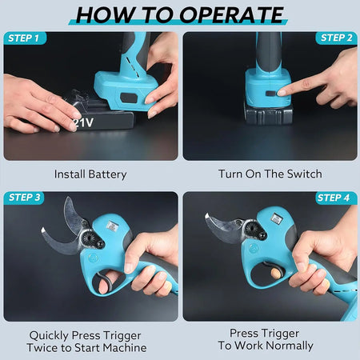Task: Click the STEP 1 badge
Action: pos(25,38)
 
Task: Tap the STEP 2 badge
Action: pos(336,38)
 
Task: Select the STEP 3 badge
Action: pos(24,198)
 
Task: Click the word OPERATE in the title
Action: pos(231,14)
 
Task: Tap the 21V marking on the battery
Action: pos(83,123)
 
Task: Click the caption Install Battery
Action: pos(90,174)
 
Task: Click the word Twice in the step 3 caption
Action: pos(42,348)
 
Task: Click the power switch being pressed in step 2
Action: pos(270,94)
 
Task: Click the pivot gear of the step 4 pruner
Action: pos(251,228)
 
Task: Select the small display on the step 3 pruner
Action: pos(113,226)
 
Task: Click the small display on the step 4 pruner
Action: pos(277,219)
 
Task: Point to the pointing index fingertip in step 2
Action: pos(282,92)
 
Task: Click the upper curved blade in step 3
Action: pos(73,214)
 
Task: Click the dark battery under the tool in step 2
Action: pos(268,114)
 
